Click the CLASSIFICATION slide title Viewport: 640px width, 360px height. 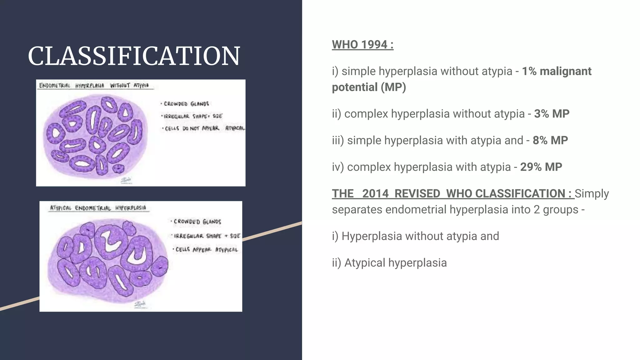(x=134, y=56)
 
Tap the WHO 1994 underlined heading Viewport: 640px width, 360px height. (x=362, y=45)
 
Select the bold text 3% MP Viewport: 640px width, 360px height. (x=552, y=114)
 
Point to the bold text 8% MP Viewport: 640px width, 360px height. (x=550, y=140)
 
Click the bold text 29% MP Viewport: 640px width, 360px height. (x=541, y=167)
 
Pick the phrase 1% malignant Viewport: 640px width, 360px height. (x=557, y=71)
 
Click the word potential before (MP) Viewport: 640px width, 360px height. (x=354, y=87)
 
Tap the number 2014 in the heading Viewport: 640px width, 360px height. (x=375, y=194)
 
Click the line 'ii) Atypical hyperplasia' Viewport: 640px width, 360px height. (x=389, y=263)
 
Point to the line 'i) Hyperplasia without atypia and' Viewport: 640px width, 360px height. (x=415, y=236)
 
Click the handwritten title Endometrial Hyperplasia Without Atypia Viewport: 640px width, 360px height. (x=94, y=85)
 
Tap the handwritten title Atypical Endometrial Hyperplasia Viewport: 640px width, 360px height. (x=98, y=208)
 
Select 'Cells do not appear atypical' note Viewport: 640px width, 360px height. (x=203, y=128)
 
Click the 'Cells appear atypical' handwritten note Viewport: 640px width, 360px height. (x=206, y=249)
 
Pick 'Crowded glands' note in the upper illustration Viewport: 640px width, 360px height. (x=186, y=104)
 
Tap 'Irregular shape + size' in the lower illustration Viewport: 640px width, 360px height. (x=207, y=236)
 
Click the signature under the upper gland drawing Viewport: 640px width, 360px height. (x=127, y=180)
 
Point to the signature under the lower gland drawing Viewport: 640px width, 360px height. (x=140, y=304)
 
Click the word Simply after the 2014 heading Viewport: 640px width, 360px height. (x=592, y=194)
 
